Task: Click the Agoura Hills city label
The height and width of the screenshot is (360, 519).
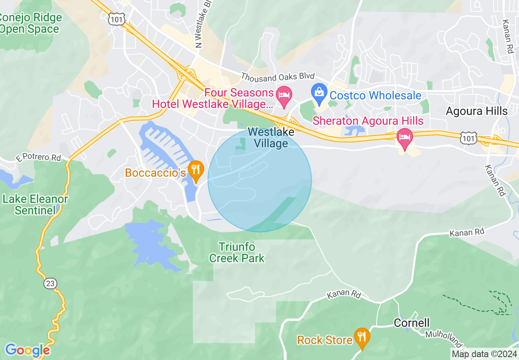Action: [476, 111]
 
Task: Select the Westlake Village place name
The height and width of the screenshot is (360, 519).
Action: [271, 138]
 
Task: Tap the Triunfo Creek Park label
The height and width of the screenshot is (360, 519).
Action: [237, 252]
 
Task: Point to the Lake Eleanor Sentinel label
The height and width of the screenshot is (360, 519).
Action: [35, 205]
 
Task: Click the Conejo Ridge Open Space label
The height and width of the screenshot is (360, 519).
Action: [30, 23]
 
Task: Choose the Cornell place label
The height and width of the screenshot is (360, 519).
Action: [411, 323]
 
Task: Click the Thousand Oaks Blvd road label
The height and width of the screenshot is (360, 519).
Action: [278, 76]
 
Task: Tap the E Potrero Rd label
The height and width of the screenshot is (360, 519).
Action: [39, 158]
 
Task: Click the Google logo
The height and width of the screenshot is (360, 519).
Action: [27, 350]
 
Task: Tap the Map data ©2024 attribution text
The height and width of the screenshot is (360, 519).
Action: [484, 354]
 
